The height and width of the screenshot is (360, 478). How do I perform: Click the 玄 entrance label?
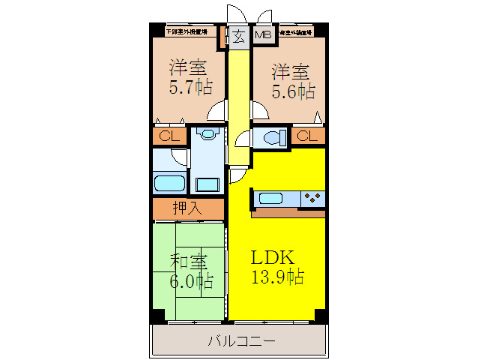coord(237,37)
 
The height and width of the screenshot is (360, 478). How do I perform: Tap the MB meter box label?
coord(263,37)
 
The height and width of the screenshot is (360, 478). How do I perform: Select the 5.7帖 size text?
coord(189,88)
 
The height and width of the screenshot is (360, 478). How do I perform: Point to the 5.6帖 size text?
coord(291,91)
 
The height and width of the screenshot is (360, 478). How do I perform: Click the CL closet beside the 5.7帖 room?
coord(169,136)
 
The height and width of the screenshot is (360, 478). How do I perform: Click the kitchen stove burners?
coord(312,198)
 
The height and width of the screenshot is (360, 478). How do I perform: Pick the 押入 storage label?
coord(188,208)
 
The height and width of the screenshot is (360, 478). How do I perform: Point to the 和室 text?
coord(189,262)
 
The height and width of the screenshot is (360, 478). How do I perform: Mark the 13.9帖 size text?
coord(276,277)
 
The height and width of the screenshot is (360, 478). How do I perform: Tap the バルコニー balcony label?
coord(240,341)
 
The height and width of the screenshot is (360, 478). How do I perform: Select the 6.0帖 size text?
coord(190,281)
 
